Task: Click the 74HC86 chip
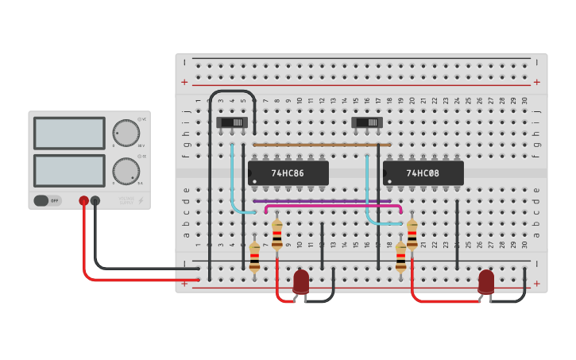tap(288, 172)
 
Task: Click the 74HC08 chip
tap(423, 172)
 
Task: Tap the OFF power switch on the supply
tap(48, 200)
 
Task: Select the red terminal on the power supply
tap(83, 201)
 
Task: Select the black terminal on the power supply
tap(95, 201)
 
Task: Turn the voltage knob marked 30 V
tap(126, 133)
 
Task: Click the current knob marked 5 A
tap(126, 171)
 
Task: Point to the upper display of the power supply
tap(69, 133)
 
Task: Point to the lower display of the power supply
tap(69, 170)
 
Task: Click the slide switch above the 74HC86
tap(232, 122)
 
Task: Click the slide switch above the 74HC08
tap(367, 122)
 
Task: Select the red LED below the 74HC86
tap(301, 281)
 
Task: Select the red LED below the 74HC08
tap(485, 281)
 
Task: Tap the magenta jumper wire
tap(334, 207)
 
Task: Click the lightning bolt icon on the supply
tap(141, 201)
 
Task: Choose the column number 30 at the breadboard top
tap(524, 100)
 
